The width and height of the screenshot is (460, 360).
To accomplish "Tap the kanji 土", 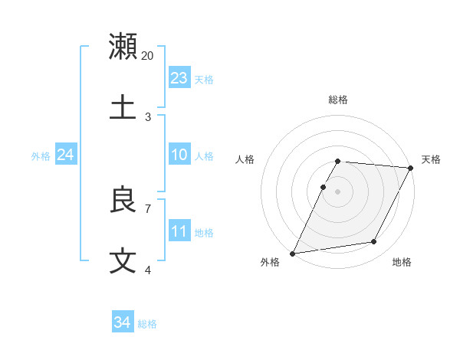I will [123, 106].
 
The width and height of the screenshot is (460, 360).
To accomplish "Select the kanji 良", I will [123, 200].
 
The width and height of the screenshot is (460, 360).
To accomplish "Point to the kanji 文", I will [123, 260].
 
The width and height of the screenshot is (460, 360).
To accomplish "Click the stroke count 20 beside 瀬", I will [148, 55].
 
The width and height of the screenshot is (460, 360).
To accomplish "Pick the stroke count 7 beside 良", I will [148, 208].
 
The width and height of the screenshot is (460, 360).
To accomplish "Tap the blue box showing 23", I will [179, 77].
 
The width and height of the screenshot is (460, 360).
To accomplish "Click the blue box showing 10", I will [179, 155].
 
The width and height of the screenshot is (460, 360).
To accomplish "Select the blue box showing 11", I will [179, 231].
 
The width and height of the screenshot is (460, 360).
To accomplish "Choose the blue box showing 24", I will [65, 155].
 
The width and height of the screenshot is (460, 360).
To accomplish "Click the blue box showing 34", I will [122, 322].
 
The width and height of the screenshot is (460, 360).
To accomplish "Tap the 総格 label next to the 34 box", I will [147, 324].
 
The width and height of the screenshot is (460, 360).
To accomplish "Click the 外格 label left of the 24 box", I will [41, 156].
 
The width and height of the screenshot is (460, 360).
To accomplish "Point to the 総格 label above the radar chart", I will [337, 100].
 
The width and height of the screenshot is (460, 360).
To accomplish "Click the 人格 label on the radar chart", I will [245, 159].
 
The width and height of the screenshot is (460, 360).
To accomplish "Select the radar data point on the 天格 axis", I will [410, 168].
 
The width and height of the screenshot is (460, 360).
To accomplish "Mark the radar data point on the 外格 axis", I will [292, 253].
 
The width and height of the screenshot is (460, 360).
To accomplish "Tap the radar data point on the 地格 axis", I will [374, 242].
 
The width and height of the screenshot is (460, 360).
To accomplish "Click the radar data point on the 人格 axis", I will [323, 187].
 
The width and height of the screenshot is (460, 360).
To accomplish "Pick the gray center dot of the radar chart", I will [337, 191].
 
